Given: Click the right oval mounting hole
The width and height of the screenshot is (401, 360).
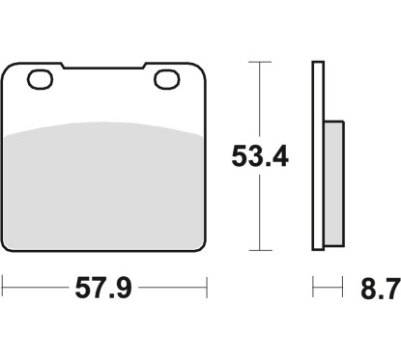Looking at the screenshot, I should click(x=163, y=80).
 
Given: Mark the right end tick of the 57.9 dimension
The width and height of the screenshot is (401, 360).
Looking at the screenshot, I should click(x=207, y=287).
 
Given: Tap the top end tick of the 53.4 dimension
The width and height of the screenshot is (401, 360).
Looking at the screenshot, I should click(x=259, y=62).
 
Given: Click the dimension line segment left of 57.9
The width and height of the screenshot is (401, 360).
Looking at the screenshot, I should click(x=39, y=287).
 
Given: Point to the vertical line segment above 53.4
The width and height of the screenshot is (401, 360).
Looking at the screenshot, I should click(x=259, y=97).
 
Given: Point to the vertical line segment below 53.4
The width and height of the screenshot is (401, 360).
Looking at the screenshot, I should click(x=259, y=212).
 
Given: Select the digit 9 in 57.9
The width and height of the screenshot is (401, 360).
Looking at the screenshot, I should click(x=130, y=287).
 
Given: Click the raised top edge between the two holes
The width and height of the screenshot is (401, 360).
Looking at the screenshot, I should click(x=103, y=68).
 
